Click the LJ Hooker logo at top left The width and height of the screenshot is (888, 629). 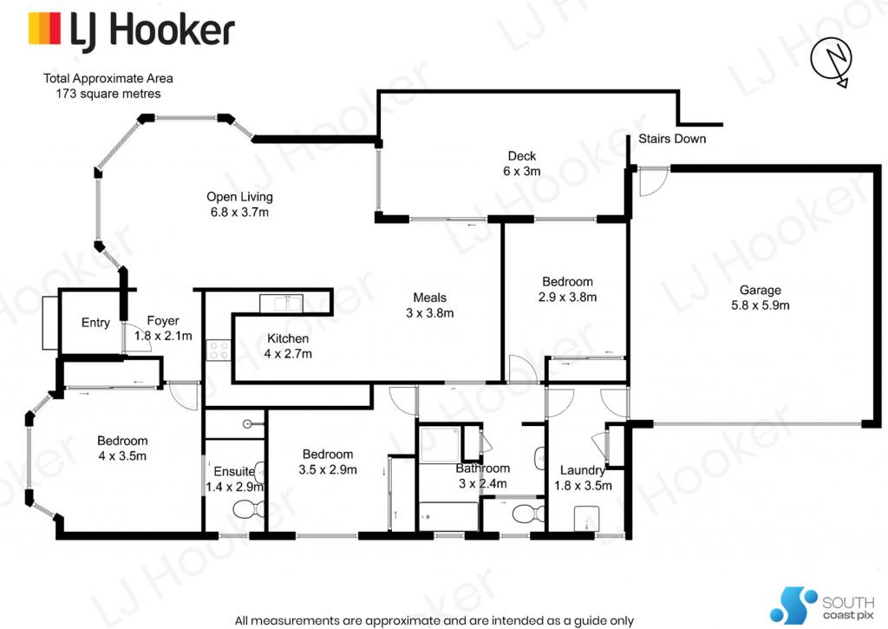[132, 30]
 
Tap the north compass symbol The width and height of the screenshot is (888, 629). [832, 62]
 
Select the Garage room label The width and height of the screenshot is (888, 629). [760, 298]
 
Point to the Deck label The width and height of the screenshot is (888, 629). [521, 163]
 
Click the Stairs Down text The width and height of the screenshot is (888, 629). [672, 139]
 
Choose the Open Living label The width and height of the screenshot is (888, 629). [239, 204]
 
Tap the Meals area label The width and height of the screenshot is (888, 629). [430, 305]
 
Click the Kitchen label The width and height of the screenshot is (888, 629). [288, 346]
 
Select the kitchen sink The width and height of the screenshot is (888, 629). [281, 303]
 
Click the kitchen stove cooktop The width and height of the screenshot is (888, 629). [219, 350]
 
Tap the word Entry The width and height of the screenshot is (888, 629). [95, 323]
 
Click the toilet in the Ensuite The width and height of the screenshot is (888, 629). [248, 509]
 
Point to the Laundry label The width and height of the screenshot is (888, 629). [582, 470]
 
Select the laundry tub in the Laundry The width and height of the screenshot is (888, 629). [587, 519]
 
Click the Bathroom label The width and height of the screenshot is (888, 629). [482, 468]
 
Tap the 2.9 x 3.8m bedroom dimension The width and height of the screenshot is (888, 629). [567, 297]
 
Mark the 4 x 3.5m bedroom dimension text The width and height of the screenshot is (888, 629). [122, 455]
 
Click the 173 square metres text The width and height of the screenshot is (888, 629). [108, 94]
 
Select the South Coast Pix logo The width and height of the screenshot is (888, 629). [822, 606]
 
